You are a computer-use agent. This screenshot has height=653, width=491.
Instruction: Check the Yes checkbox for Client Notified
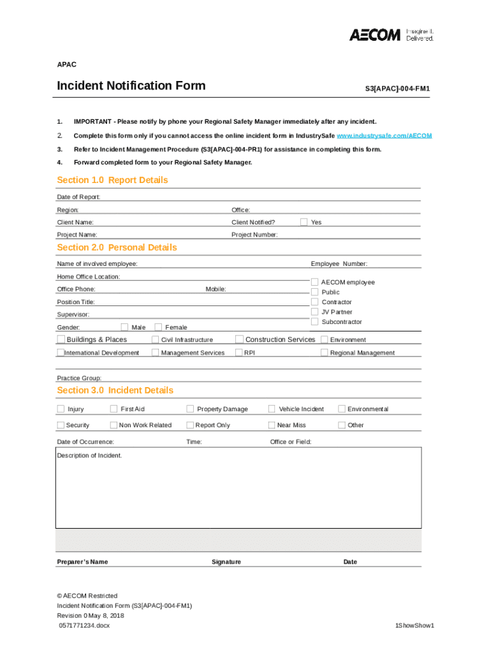point(304,222)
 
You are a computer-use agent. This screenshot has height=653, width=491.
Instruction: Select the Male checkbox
point(124,327)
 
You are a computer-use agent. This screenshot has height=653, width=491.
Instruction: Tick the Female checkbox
point(159,327)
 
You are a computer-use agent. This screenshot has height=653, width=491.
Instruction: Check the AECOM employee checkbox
point(314,282)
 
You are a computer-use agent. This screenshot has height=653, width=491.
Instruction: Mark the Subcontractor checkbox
point(314,322)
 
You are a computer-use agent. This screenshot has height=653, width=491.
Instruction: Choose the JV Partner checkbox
point(314,312)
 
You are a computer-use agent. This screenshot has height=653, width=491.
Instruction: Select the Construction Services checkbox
point(239,339)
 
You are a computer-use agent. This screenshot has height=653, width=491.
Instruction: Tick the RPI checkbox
point(239,353)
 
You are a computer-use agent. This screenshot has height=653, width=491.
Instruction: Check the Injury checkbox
point(61,409)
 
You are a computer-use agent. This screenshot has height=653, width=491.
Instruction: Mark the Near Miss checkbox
point(272,425)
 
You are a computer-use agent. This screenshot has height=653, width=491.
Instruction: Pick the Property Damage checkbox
point(190,409)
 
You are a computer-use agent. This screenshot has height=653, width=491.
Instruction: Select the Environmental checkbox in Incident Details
point(342,409)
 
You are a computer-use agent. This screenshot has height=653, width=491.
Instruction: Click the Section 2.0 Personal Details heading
point(117,247)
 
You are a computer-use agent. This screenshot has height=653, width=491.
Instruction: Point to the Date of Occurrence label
point(85,442)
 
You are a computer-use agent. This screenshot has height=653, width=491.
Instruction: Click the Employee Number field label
point(339,264)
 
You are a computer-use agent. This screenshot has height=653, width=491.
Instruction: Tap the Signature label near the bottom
point(226,562)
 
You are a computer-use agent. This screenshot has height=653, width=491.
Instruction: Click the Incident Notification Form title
point(131,86)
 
